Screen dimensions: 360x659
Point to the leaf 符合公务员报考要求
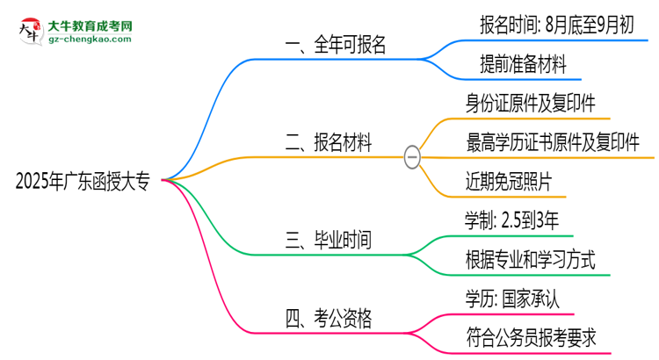(x=538, y=337)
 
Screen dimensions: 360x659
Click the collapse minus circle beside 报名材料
(x=412, y=157)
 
